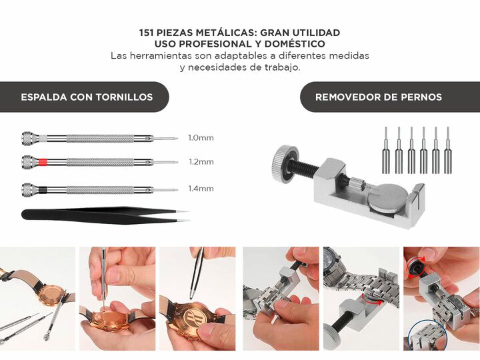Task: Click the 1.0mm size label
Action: point(201,138)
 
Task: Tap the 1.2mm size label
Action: point(201,161)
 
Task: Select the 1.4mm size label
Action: point(201,189)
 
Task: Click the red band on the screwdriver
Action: point(43,161)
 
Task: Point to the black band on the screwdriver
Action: point(43,189)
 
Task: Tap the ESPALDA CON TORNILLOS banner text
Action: point(87,97)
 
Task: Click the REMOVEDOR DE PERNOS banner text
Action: point(379,97)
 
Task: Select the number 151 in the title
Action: point(146,33)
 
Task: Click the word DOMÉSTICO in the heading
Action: point(295,44)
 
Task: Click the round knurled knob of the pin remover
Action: point(284,165)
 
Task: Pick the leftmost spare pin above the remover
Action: point(386,150)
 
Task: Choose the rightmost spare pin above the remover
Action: point(448,150)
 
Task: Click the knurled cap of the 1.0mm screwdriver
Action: point(27,138)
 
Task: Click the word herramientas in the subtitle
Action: point(161,56)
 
